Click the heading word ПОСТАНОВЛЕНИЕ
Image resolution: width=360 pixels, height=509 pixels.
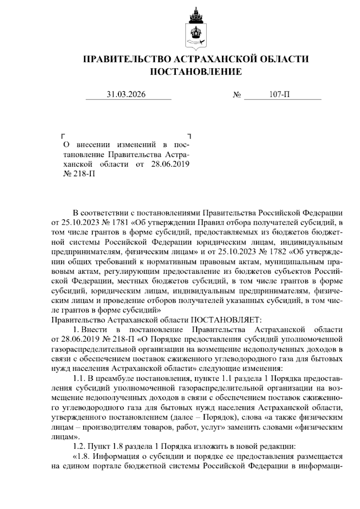tap(195, 72)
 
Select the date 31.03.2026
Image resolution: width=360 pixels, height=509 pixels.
tap(126, 95)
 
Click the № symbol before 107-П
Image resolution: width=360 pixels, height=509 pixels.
tap(237, 95)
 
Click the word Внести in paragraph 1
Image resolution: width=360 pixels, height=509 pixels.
tap(94, 330)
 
